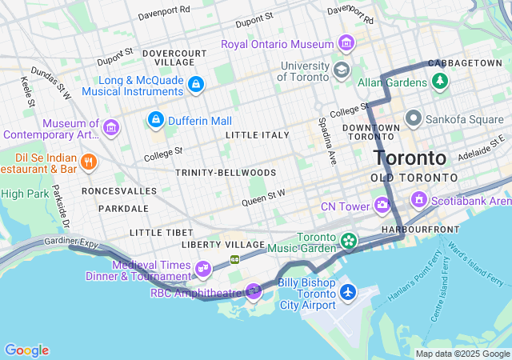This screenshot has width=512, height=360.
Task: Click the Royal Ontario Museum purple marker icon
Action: (x=346, y=42)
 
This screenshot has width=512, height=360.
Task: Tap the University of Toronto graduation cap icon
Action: (x=342, y=70)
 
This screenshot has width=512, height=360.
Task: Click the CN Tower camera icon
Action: (x=382, y=206)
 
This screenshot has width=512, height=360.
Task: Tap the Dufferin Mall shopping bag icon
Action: (x=156, y=120)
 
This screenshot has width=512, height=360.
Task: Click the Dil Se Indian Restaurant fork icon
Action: (x=89, y=162)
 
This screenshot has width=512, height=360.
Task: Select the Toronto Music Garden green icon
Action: (x=348, y=240)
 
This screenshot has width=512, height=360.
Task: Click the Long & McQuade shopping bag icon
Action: (x=196, y=84)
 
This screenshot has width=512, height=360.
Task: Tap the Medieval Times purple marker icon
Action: (x=202, y=267)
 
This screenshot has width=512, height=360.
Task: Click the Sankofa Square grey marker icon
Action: (x=414, y=119)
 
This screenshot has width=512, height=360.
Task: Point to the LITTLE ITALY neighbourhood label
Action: (x=257, y=135)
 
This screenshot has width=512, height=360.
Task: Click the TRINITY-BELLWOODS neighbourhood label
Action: (x=226, y=173)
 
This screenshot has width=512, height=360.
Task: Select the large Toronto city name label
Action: (x=410, y=157)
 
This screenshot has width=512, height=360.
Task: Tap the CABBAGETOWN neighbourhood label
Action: (x=465, y=62)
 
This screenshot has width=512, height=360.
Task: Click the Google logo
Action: (x=26, y=350)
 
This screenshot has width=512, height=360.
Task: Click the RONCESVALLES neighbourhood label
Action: (x=113, y=192)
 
